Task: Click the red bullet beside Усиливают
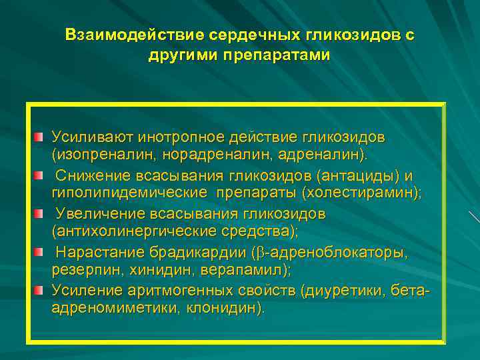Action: [x=39, y=137]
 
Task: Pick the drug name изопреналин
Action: [x=94, y=154]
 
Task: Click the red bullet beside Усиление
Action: [x=39, y=291]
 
